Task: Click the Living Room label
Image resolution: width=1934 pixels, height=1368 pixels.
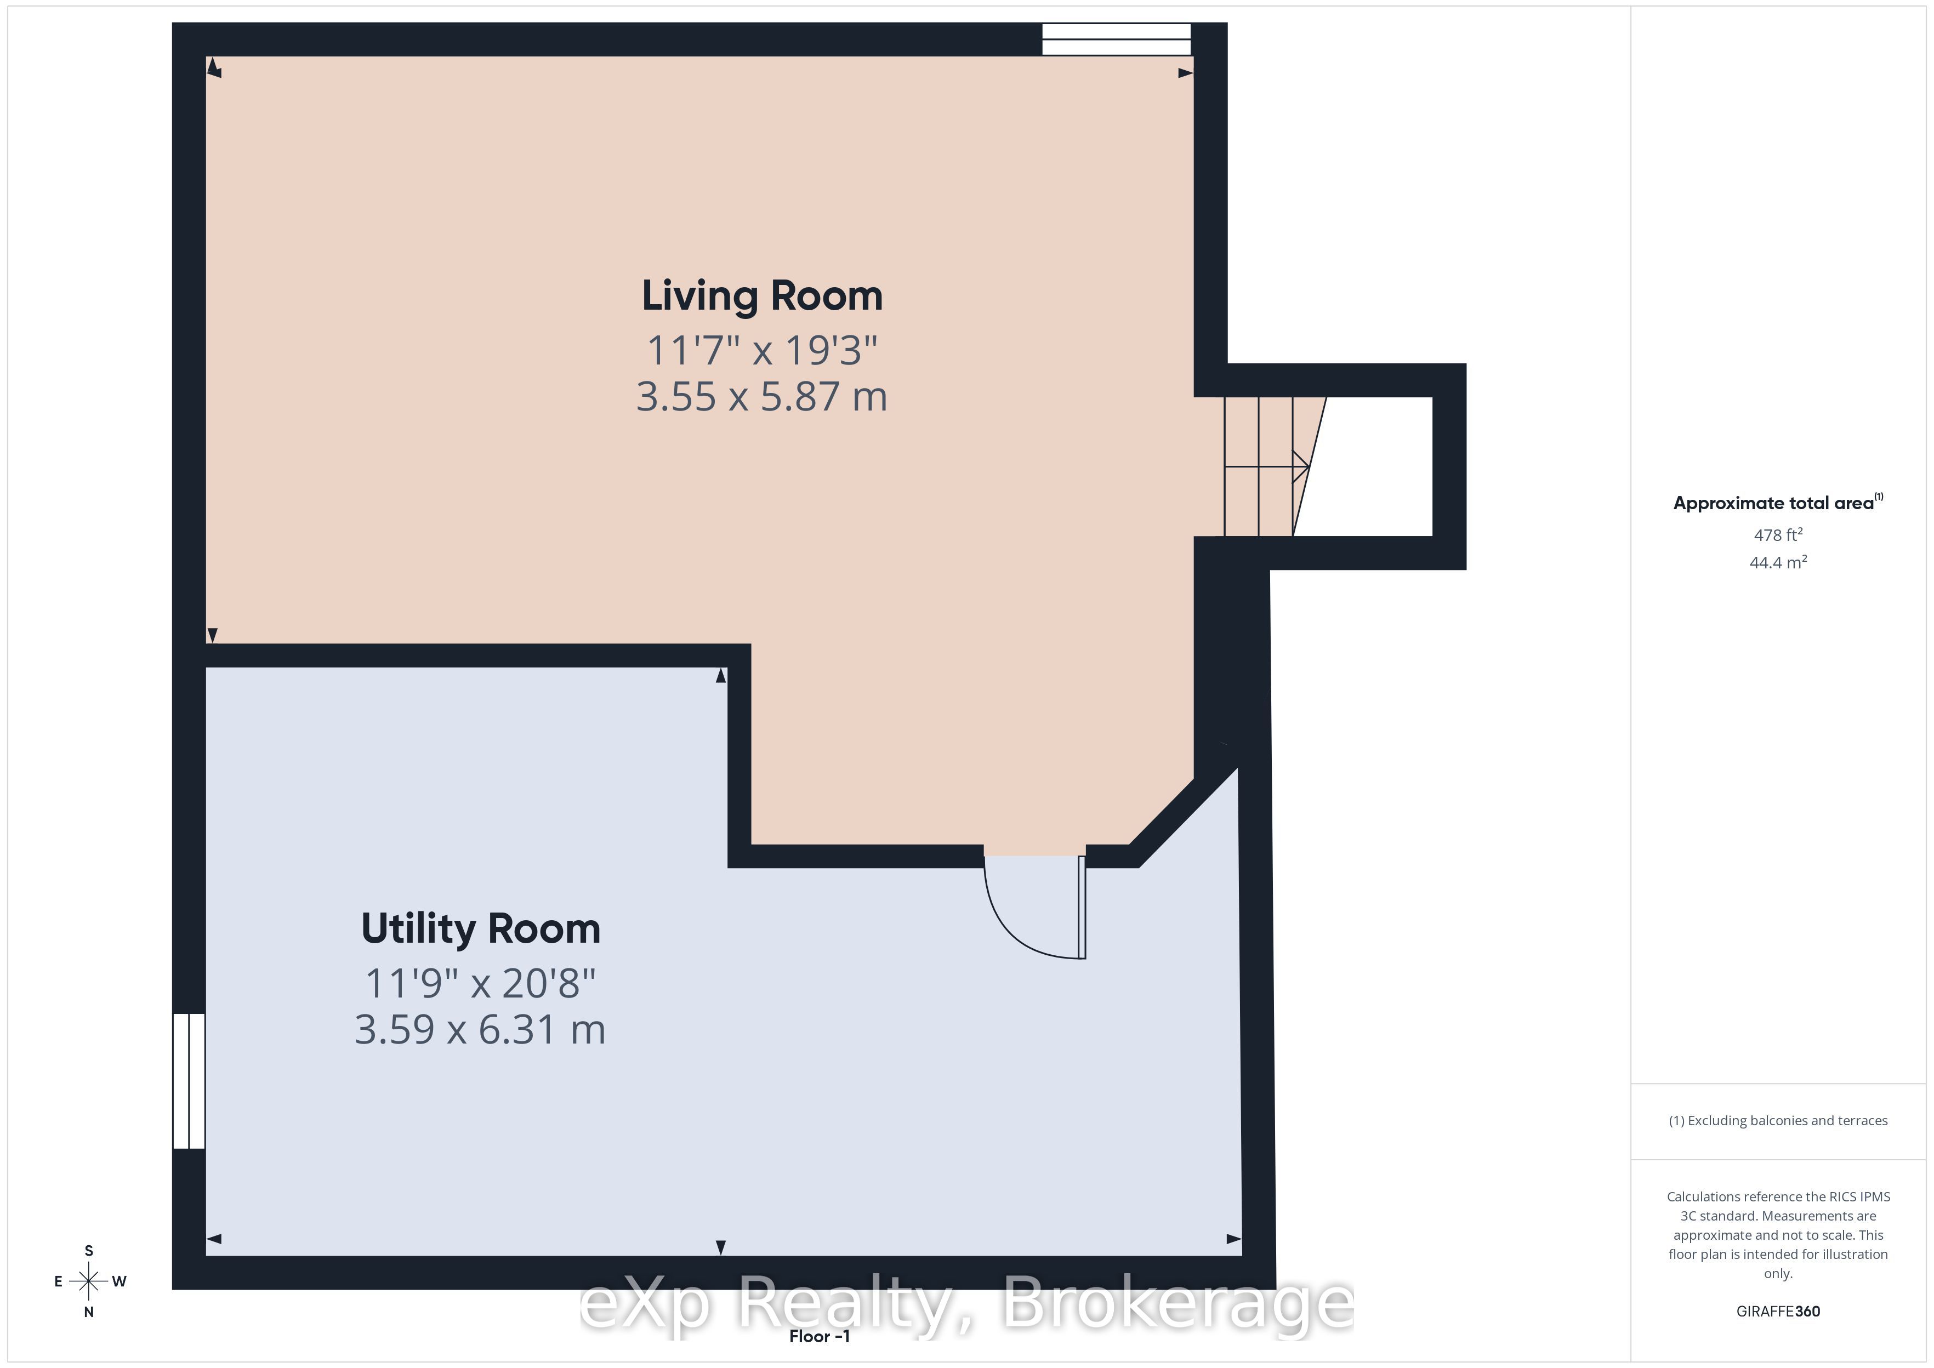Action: click(x=763, y=297)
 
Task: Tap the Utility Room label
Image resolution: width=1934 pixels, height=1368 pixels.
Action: click(x=481, y=928)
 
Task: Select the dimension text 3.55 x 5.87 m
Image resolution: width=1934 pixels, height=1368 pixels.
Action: click(x=763, y=397)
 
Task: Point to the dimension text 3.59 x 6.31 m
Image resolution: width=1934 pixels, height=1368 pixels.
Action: click(x=480, y=1029)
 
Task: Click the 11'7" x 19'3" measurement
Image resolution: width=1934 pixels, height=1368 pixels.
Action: click(x=763, y=350)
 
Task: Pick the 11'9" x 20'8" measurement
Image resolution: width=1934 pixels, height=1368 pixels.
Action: click(x=480, y=983)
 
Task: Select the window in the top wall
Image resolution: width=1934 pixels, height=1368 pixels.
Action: click(x=1116, y=39)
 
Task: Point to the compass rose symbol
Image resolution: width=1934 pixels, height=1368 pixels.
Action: click(x=88, y=1282)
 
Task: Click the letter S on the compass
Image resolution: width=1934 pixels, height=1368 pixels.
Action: click(x=88, y=1251)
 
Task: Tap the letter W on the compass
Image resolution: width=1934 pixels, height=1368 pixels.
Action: click(x=120, y=1282)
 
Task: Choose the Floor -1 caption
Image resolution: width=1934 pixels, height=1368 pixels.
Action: click(x=820, y=1337)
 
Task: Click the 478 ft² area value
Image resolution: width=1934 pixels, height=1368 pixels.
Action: click(x=1778, y=535)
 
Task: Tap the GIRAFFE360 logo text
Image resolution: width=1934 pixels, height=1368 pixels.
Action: click(x=1778, y=1312)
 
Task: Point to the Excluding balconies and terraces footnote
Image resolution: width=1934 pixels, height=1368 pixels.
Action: click(x=1778, y=1120)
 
